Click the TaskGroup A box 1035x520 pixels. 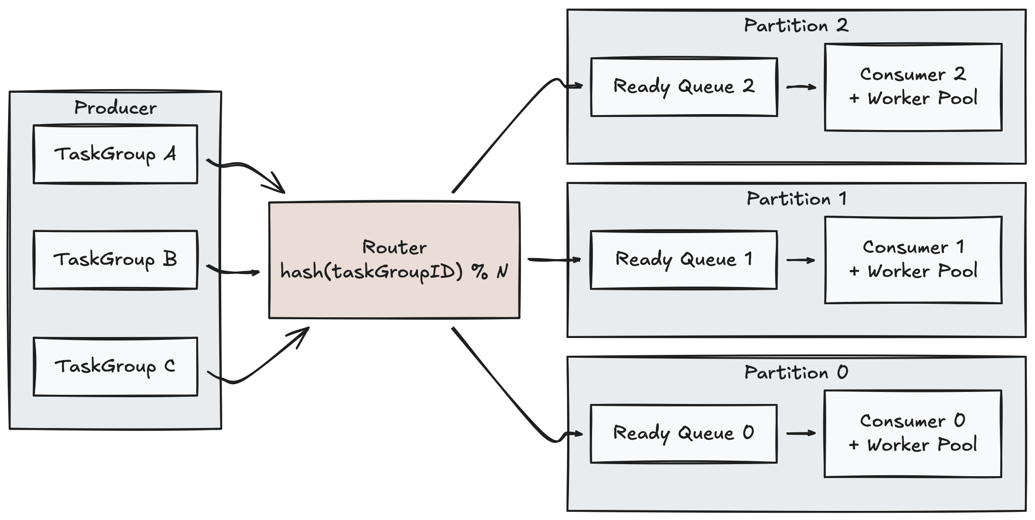coord(115,154)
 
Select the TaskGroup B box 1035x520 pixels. coord(115,260)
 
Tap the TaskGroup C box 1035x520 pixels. coord(115,367)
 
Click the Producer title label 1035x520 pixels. coord(115,108)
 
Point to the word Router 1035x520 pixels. coord(394,247)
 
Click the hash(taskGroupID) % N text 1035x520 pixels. coord(394,273)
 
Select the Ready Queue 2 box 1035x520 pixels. coord(684,87)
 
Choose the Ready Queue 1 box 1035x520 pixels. coord(684,260)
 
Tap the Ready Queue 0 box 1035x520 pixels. coord(684,433)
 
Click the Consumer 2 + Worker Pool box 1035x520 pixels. coord(913,87)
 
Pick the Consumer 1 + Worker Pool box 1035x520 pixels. coord(913,260)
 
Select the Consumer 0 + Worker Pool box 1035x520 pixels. coord(913,433)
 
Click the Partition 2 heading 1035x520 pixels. coord(796,26)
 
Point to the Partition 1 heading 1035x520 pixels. coord(796,199)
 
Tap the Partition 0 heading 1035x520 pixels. coord(796,372)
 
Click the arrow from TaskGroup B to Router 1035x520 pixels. coord(233,272)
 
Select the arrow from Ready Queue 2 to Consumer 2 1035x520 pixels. coord(801,87)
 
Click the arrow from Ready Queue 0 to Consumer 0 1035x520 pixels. coord(801,433)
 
